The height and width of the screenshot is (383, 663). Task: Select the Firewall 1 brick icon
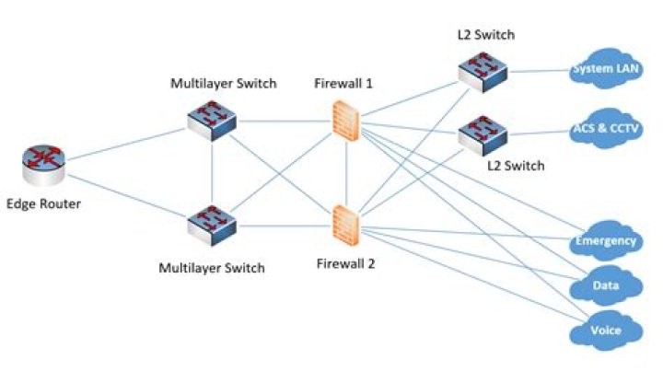click(344, 120)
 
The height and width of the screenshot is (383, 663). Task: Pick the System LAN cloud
click(604, 70)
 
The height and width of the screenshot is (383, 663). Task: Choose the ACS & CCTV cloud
click(606, 130)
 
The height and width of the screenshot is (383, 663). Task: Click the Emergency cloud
click(605, 241)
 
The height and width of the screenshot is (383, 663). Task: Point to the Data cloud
click(605, 286)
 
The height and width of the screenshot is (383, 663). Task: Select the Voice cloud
click(605, 330)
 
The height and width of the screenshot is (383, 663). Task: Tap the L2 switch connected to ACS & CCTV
click(483, 134)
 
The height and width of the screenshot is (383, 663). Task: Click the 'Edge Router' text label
click(43, 203)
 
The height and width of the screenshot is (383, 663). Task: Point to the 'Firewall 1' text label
click(343, 84)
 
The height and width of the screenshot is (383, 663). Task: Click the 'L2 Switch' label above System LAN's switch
click(485, 36)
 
